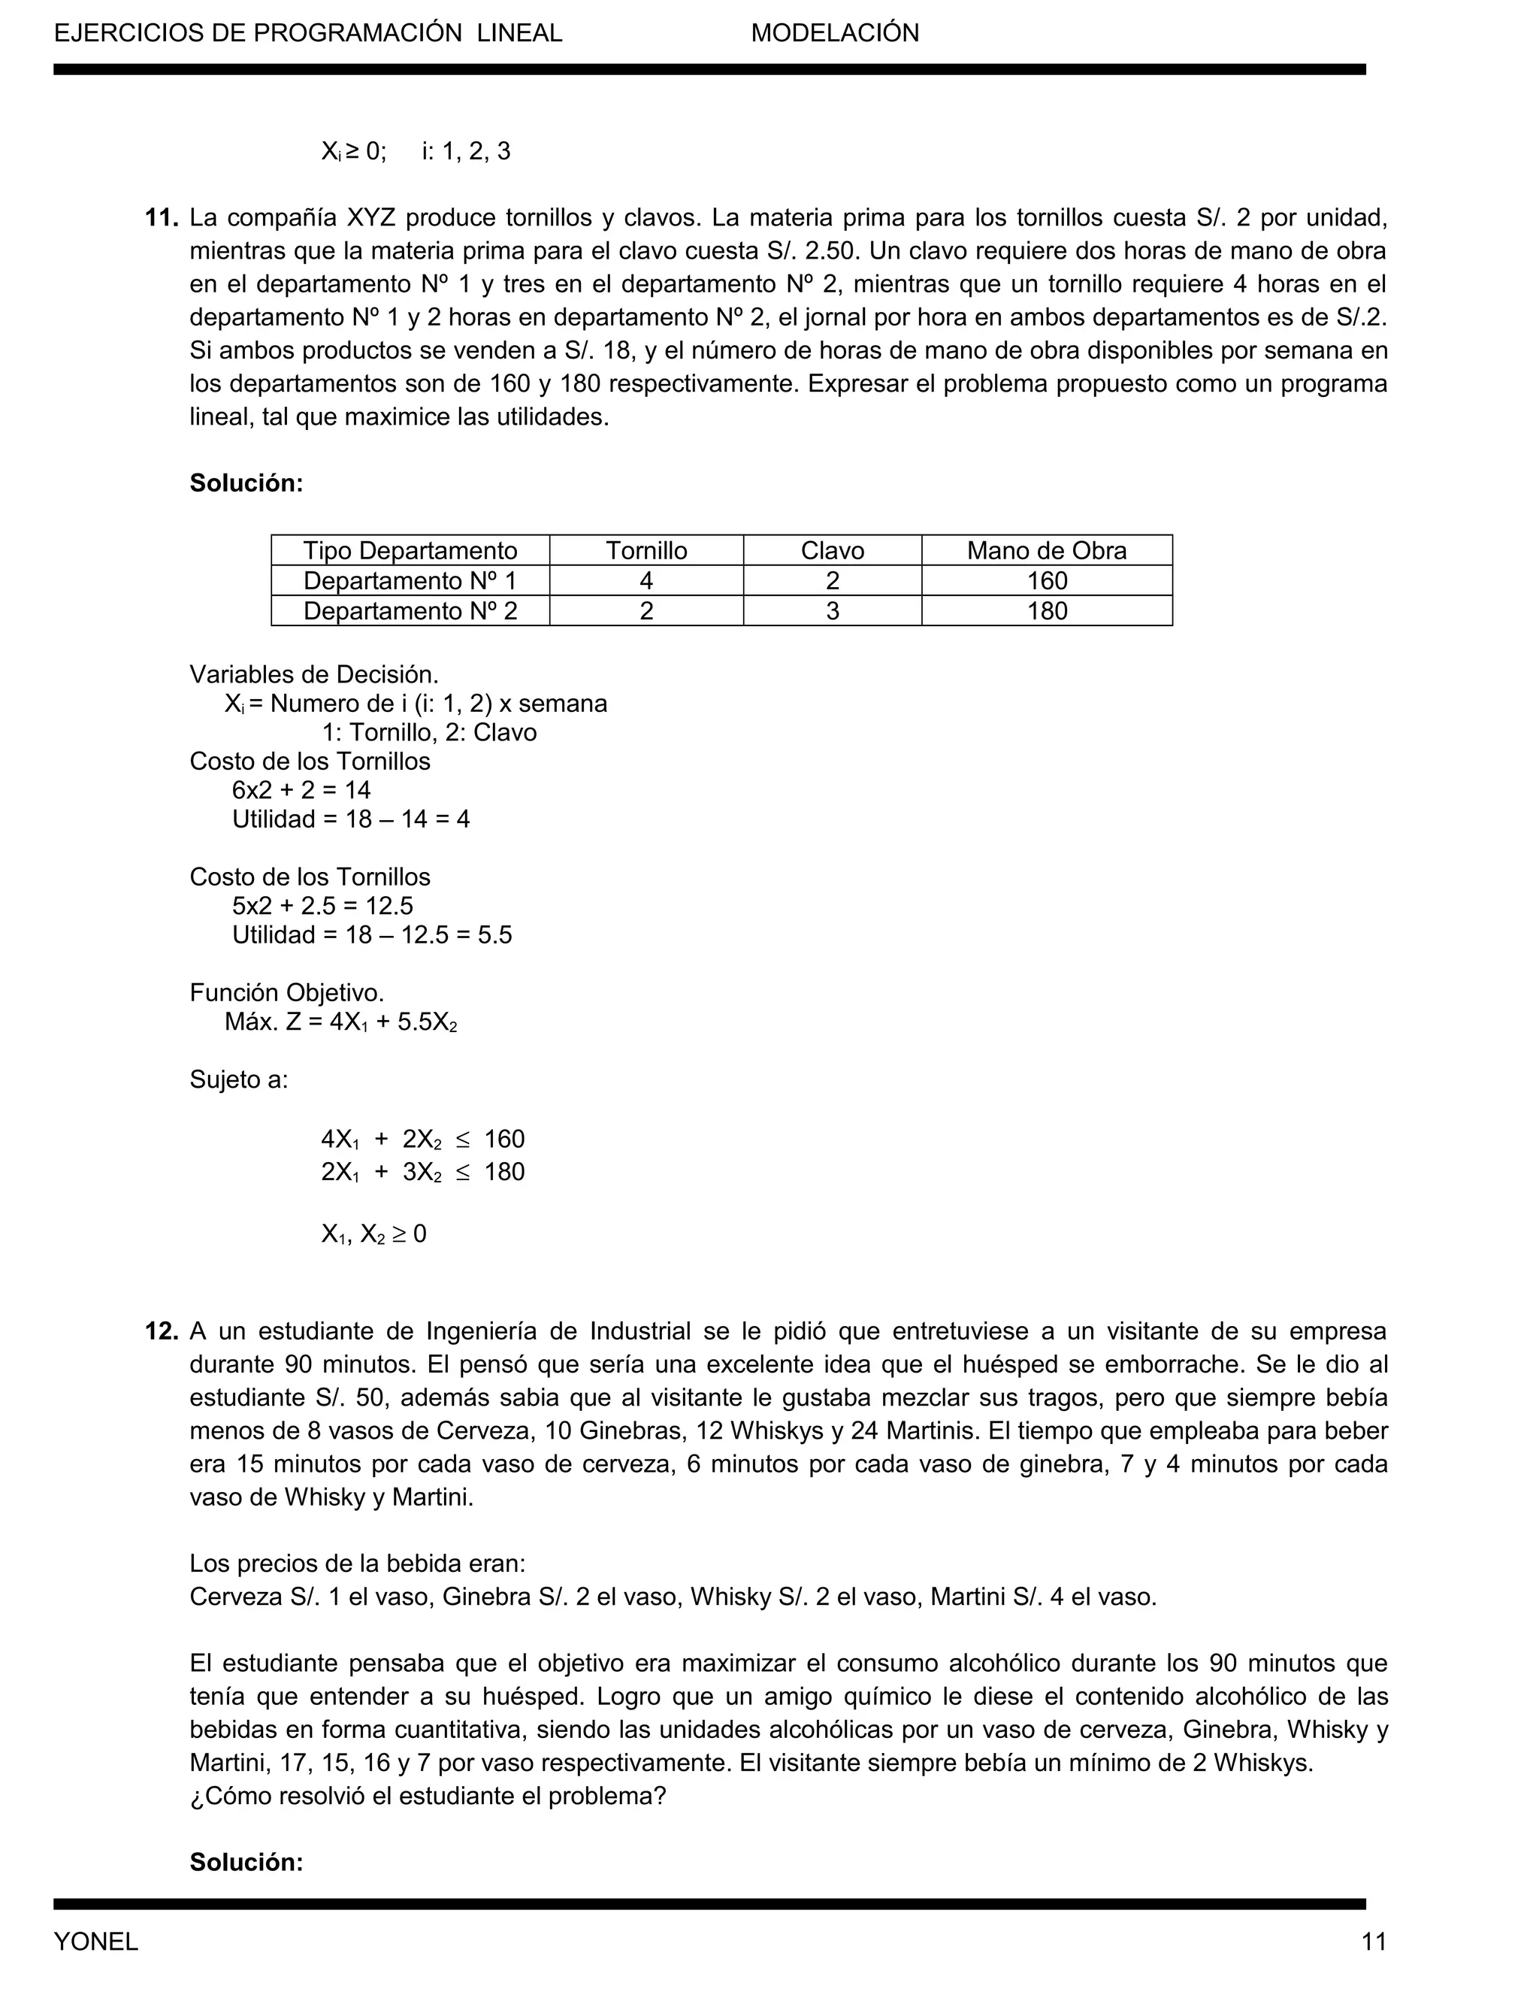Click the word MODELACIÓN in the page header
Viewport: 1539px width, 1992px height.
[834, 33]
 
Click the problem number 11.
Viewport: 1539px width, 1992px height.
[161, 218]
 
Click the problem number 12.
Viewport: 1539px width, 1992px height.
[161, 1332]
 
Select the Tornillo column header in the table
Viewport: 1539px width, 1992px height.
[646, 551]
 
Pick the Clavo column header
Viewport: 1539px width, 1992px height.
[833, 551]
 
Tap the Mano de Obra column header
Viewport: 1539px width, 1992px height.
[1047, 551]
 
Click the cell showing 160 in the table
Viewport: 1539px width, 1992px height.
[1047, 581]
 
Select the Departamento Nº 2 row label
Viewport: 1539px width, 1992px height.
[410, 611]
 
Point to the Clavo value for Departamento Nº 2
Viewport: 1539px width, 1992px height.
[833, 611]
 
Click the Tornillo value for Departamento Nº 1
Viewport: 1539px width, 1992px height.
[646, 581]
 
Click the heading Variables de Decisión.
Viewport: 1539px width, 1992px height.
[313, 675]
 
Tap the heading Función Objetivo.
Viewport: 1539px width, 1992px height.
[286, 992]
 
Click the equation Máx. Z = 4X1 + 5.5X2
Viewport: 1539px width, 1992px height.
[341, 1022]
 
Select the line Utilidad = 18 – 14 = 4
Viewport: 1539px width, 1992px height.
[351, 819]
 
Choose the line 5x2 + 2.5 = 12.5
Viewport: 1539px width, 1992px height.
[322, 906]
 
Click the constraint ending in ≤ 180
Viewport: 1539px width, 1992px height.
[422, 1172]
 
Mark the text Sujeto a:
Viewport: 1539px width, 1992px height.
[238, 1080]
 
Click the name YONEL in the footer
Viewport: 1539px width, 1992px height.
[95, 1942]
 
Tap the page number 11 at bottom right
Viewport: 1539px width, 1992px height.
[1373, 1942]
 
